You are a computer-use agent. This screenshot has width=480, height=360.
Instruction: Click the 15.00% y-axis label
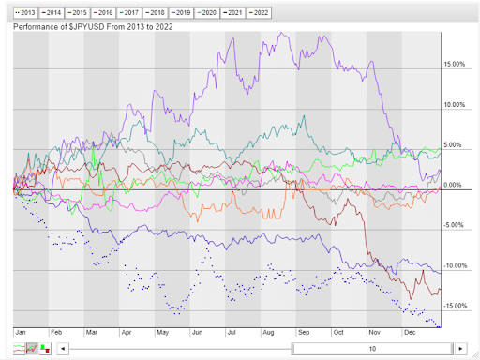454,65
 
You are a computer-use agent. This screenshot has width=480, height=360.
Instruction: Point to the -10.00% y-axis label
453,266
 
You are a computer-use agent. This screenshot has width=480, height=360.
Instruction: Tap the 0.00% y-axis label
454,186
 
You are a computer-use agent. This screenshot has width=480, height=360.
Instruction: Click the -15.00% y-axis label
453,307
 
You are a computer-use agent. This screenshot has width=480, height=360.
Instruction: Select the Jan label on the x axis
22,332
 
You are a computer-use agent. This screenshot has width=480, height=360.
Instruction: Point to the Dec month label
410,332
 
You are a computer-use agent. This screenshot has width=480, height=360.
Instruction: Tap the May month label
162,332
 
